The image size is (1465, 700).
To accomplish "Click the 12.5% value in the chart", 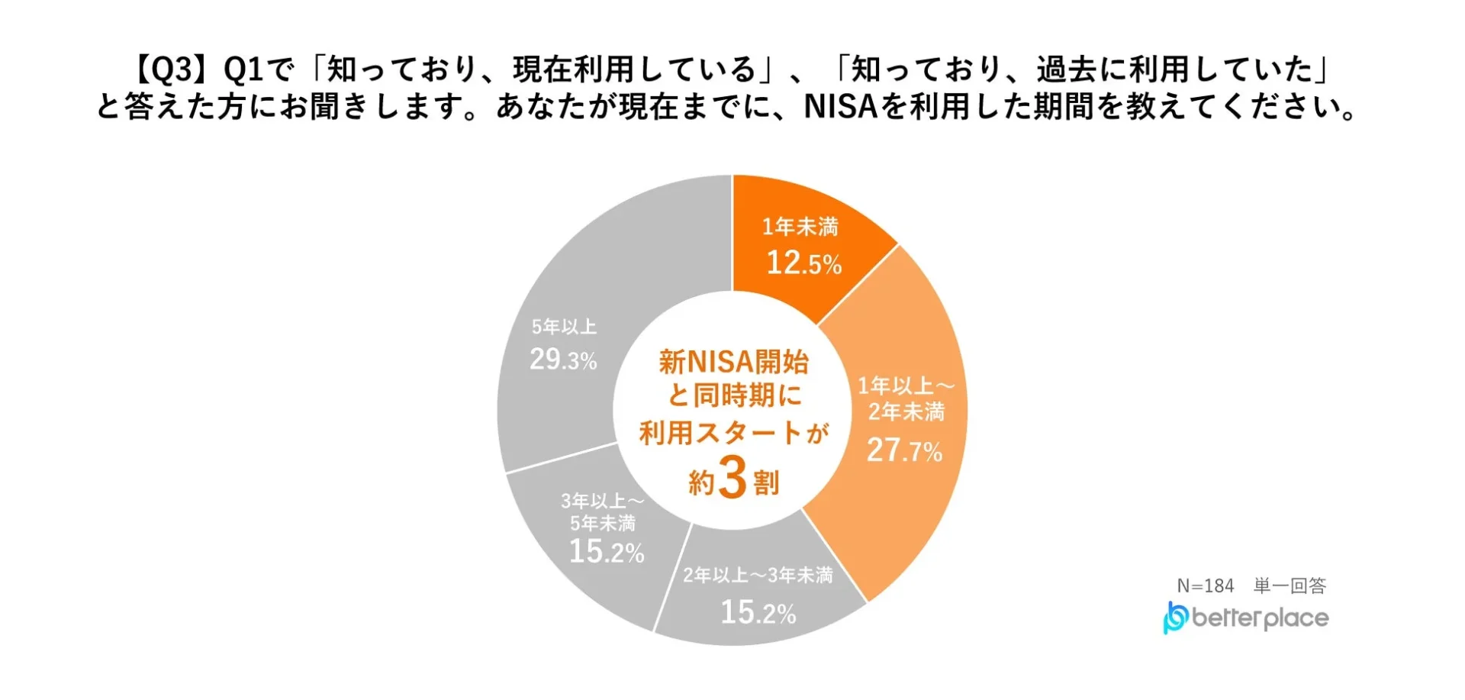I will click(x=803, y=263).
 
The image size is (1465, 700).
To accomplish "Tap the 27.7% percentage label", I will click(x=904, y=450).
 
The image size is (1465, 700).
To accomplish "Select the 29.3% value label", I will click(x=563, y=360).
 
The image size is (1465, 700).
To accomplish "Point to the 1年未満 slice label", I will click(x=800, y=227).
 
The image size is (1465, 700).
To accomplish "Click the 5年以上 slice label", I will click(x=564, y=327).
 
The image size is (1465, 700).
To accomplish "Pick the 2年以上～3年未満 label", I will click(x=758, y=575).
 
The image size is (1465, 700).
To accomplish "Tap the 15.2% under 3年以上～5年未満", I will click(x=607, y=551).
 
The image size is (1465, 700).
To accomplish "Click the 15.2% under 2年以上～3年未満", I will click(x=758, y=612).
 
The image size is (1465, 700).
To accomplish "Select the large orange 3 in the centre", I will click(x=732, y=479).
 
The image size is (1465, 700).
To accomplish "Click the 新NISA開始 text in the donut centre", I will click(x=733, y=362).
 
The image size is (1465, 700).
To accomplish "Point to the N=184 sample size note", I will click(x=1206, y=585).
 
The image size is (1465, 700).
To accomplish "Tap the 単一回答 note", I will click(x=1290, y=585).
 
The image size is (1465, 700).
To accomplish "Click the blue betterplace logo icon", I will click(x=1174, y=618).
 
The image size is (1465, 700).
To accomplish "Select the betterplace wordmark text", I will click(x=1260, y=618).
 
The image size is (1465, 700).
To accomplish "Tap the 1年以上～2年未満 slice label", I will click(x=906, y=398).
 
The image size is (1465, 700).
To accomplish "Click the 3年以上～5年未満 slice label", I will click(x=603, y=512).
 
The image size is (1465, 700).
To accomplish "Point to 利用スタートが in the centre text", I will click(x=733, y=434).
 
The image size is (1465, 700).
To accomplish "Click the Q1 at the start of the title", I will click(x=242, y=70).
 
